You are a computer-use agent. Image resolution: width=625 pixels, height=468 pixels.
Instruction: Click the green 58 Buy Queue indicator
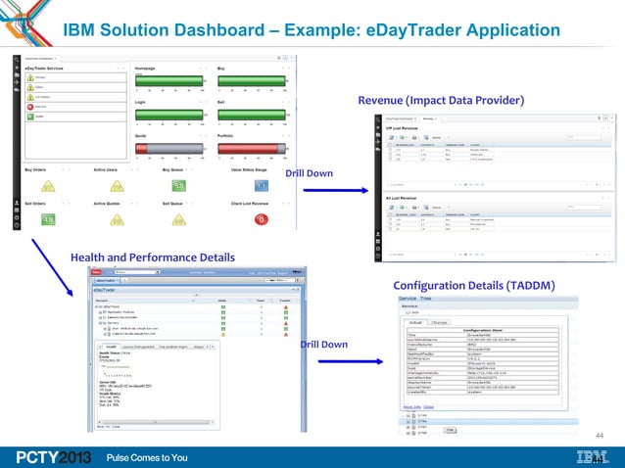tap(179, 186)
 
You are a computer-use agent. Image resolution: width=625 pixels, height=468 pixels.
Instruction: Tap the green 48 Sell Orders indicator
tap(47, 219)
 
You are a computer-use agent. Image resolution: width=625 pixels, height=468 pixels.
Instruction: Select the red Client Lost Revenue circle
tap(262, 219)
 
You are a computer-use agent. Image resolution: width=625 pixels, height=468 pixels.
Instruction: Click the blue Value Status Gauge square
tap(262, 186)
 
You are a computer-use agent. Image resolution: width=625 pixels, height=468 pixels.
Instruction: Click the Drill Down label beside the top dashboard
tap(309, 174)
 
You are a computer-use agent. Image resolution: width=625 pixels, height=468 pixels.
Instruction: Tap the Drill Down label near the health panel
tap(323, 345)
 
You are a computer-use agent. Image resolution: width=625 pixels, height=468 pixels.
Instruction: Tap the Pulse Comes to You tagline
tap(147, 456)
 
